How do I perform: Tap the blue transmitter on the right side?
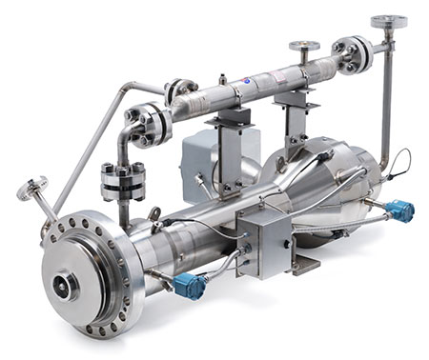tap(399, 210)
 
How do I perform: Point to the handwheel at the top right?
tap(388, 21)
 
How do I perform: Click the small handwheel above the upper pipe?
tap(304, 44)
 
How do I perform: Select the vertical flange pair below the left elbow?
tap(116, 181)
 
